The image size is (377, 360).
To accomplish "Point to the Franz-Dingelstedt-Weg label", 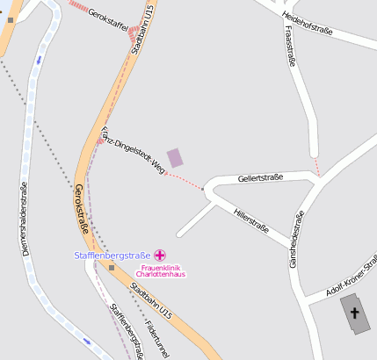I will click(x=133, y=150).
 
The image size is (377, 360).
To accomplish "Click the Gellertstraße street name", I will click(x=260, y=178).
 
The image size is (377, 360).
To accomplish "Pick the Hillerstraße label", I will click(x=250, y=219).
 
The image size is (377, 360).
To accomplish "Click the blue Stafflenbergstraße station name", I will click(x=112, y=256).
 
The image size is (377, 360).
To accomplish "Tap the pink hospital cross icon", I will click(x=161, y=255).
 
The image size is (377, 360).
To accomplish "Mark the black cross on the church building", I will click(x=355, y=313).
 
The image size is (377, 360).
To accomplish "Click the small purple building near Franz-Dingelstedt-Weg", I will click(x=176, y=157).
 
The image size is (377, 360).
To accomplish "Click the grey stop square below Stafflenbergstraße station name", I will click(x=112, y=267).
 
